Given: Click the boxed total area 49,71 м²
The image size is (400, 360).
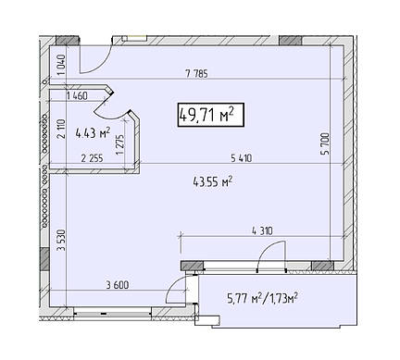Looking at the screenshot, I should point(206,115).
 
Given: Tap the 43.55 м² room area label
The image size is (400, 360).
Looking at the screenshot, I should point(212,182).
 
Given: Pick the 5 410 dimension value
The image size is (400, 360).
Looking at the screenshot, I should point(238,157).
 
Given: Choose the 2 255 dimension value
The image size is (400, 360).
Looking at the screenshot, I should point(93,158).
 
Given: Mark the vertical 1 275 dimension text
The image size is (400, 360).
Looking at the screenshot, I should point(120,143).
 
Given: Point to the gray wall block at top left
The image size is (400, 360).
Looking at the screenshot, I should point(68,42).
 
